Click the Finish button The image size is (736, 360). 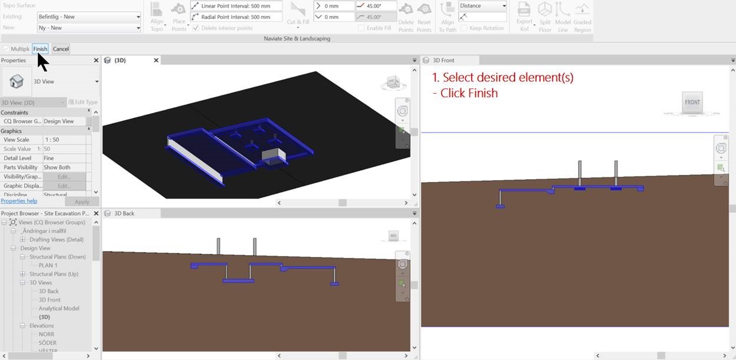click(x=40, y=49)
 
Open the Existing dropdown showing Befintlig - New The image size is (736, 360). click(x=88, y=16)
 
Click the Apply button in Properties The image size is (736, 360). click(x=82, y=202)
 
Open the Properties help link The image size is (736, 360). click(x=19, y=201)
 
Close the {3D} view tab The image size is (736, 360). click(x=156, y=60)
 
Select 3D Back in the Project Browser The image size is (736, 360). click(x=49, y=291)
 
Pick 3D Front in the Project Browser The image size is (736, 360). click(x=49, y=300)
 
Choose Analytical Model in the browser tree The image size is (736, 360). click(x=59, y=308)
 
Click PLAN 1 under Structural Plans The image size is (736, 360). click(x=48, y=265)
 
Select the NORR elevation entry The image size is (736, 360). click(x=47, y=334)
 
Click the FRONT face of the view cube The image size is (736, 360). click(x=692, y=102)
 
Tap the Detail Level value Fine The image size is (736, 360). click(x=49, y=158)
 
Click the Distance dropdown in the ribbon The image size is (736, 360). click(x=482, y=6)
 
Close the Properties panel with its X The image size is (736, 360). click(x=96, y=60)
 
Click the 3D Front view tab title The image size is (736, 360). click(x=443, y=60)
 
